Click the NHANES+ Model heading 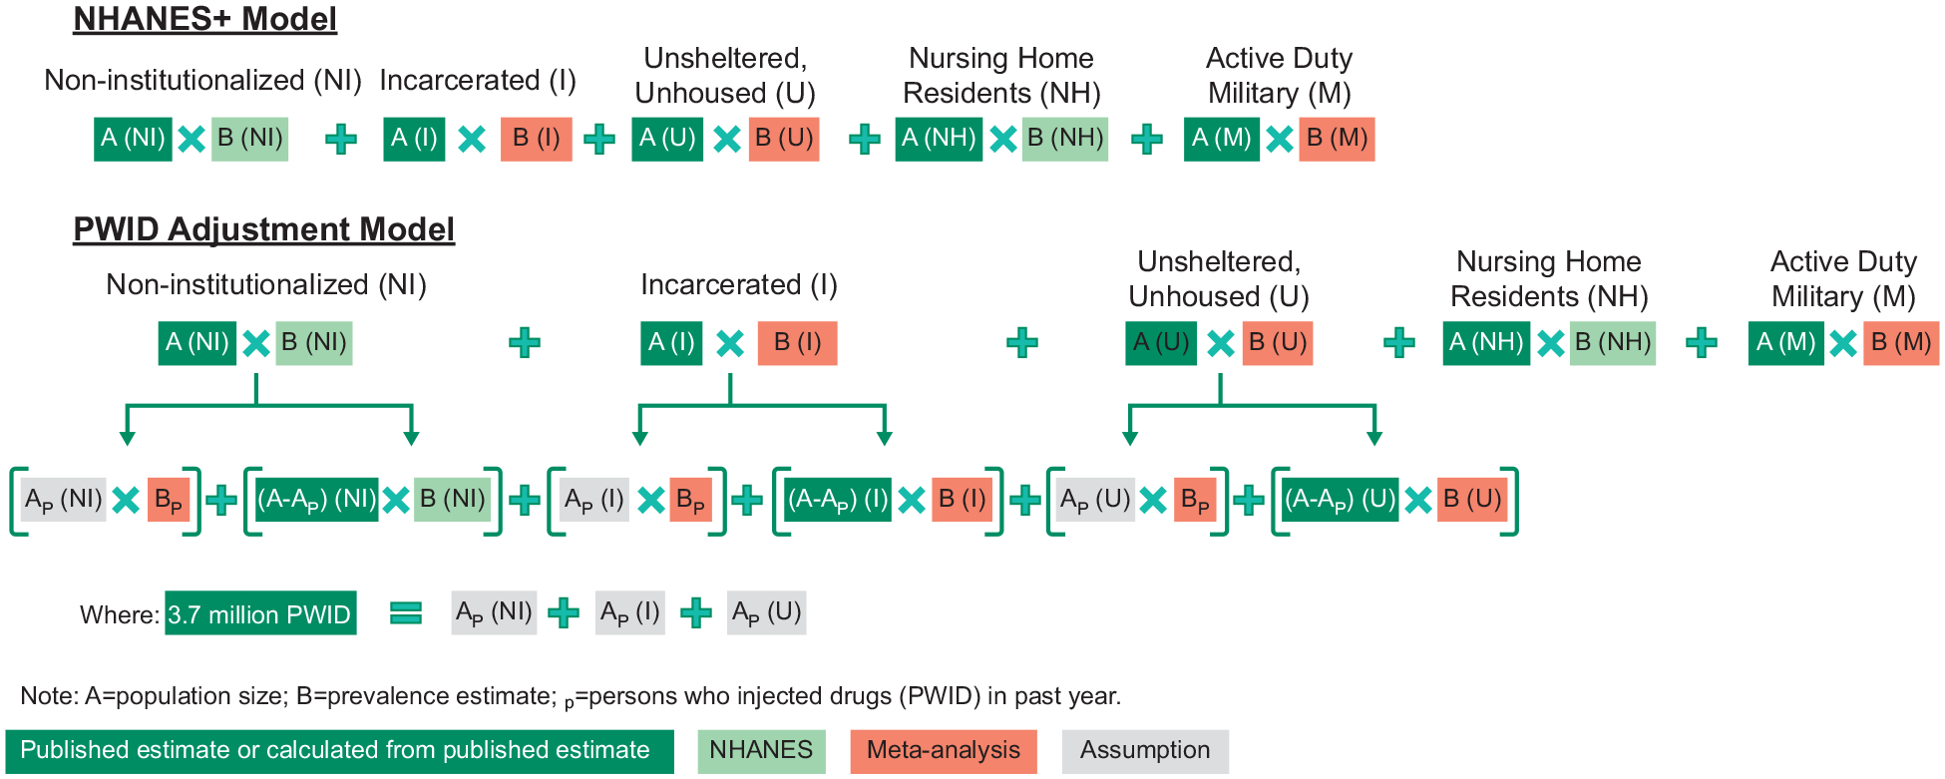[204, 19]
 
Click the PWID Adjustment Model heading [263, 229]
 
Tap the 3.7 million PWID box [260, 613]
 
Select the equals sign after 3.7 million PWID [405, 612]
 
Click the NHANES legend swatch [761, 751]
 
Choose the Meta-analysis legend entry [943, 751]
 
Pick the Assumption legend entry [1144, 751]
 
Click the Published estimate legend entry [338, 751]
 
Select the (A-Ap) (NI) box [316, 499]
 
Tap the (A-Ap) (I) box [837, 499]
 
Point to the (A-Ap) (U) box [1340, 499]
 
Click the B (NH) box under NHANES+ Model [1064, 139]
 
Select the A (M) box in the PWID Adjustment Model [1785, 343]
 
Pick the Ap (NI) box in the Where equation [494, 612]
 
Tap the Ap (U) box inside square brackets [1094, 499]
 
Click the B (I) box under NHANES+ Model [536, 139]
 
